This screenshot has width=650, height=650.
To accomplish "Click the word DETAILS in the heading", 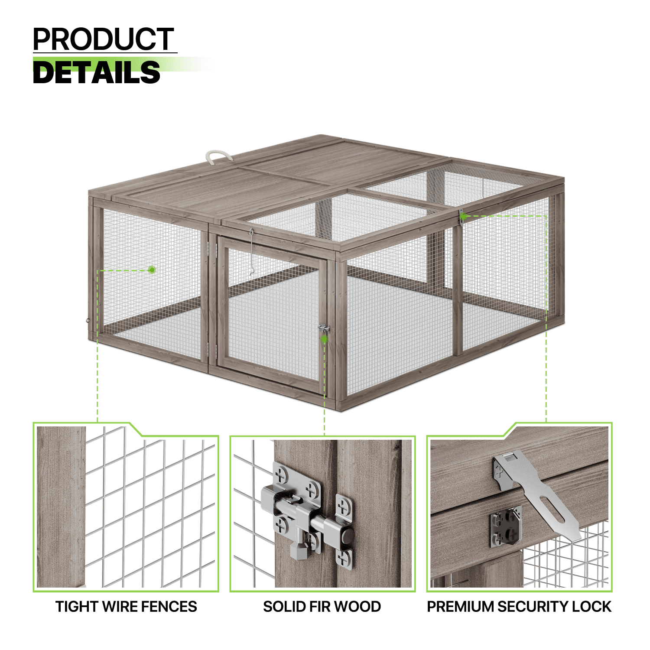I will (97, 72).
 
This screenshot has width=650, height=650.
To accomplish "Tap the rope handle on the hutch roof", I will (219, 156).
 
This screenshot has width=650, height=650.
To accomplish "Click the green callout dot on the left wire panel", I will (152, 270).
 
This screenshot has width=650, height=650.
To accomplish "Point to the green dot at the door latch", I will (323, 339).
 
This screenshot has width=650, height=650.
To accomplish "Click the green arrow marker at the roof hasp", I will (463, 215).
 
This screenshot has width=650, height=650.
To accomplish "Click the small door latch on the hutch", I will (323, 329).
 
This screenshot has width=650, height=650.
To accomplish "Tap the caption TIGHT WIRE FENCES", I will (126, 606).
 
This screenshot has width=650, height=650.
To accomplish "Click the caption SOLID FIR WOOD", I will (322, 606).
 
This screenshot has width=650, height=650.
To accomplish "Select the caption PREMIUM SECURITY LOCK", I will (519, 606).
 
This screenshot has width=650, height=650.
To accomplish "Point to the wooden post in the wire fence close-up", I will (61, 507).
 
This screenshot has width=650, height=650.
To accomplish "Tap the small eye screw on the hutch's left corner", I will (88, 321).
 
